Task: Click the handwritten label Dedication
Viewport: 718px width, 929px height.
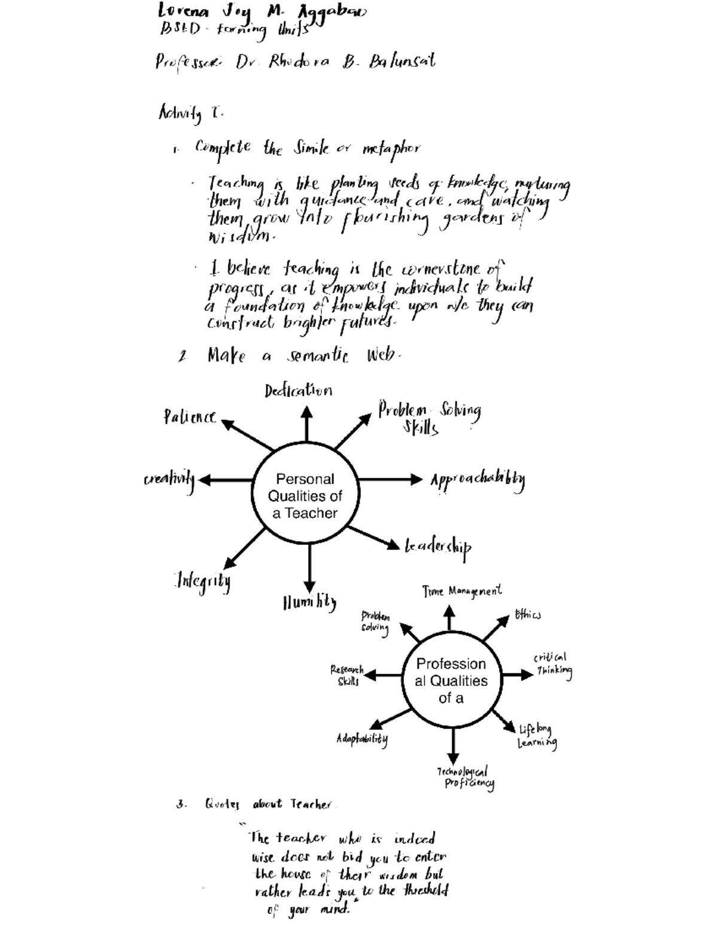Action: (298, 391)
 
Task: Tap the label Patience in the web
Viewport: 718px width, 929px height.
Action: (190, 417)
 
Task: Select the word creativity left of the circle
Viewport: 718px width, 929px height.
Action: (169, 480)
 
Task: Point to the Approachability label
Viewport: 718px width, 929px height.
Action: (477, 480)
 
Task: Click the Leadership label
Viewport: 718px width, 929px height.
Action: (438, 547)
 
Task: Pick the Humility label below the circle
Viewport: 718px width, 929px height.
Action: (309, 602)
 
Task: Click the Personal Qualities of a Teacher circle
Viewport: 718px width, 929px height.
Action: (305, 496)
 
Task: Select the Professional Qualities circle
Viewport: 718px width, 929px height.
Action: (451, 681)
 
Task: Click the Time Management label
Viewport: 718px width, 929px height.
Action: (462, 592)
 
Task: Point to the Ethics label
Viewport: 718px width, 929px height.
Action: (528, 615)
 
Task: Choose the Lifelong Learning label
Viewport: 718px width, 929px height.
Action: (537, 736)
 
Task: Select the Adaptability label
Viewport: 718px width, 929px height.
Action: (362, 739)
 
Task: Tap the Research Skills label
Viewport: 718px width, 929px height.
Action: (347, 675)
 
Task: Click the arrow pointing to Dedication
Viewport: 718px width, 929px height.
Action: (306, 424)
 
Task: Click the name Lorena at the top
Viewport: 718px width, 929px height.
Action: (183, 11)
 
